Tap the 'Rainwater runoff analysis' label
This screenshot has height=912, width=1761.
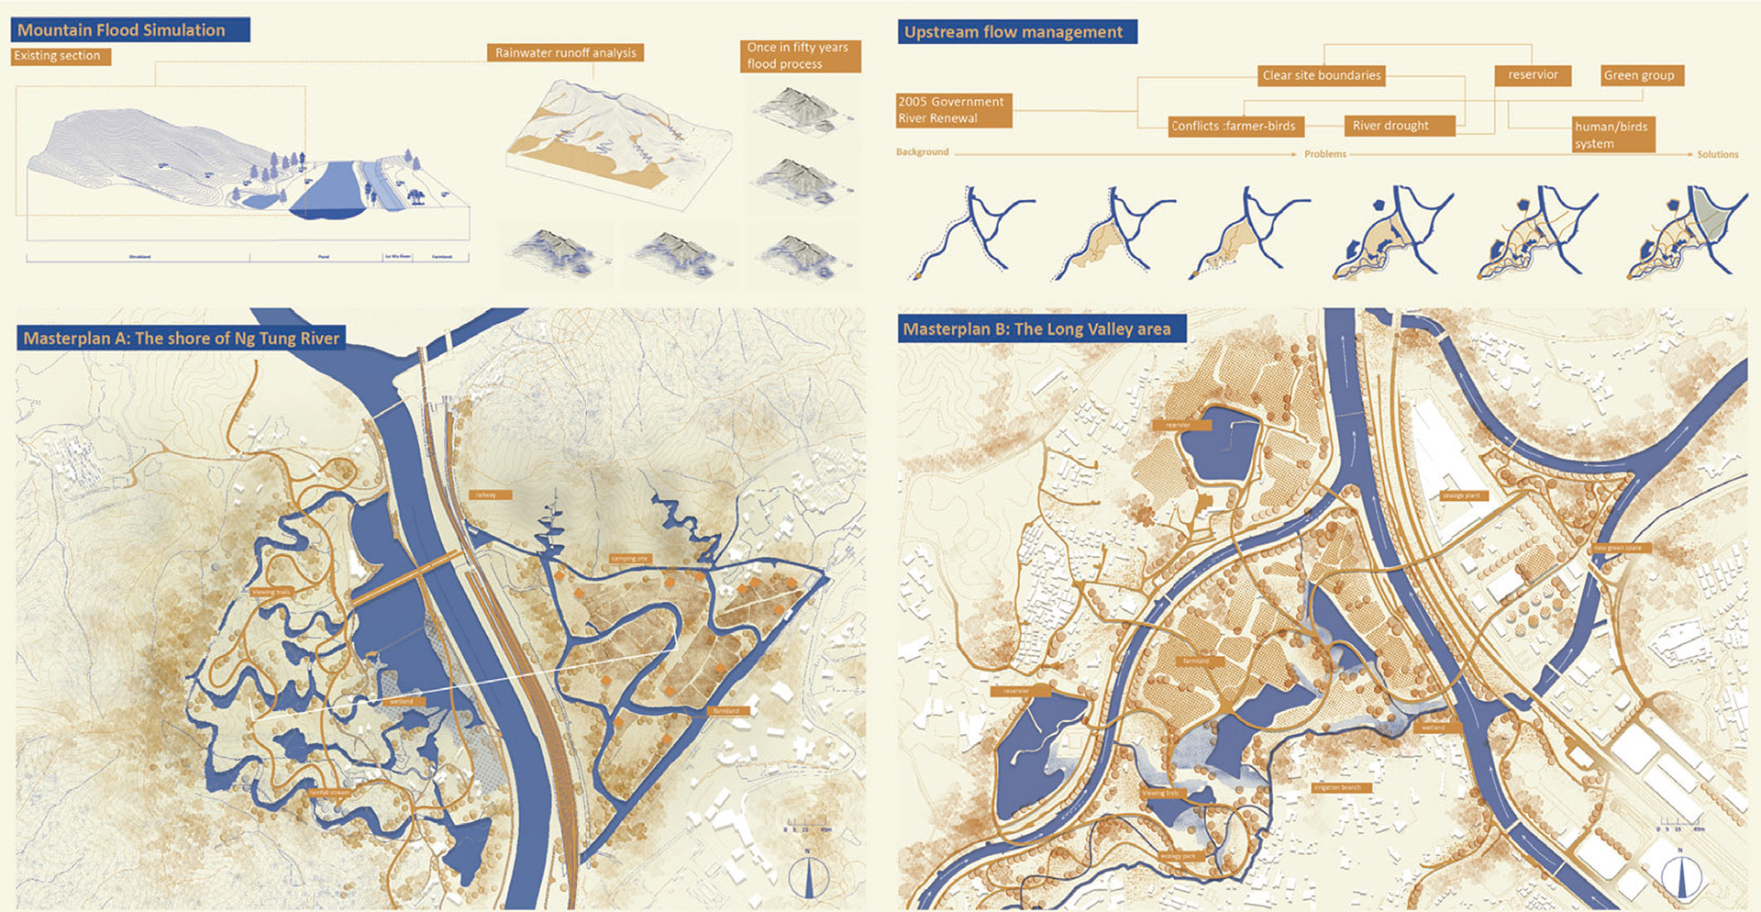point(565,52)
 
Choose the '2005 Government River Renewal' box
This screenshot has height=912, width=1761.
point(953,109)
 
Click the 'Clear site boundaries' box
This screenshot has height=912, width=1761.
point(1321,75)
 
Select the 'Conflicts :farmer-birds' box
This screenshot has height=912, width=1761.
point(1235,126)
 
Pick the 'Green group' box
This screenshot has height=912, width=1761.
point(1641,75)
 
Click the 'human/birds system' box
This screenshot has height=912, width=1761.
point(1612,135)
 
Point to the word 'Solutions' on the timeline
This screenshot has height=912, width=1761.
point(1717,154)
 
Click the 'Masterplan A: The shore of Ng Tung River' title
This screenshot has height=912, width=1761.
point(181,338)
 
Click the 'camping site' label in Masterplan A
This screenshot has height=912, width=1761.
point(628,558)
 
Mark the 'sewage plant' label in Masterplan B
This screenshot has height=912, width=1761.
point(1462,495)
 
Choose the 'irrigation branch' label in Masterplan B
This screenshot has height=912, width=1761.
point(1339,787)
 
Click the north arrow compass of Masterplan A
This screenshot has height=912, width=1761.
point(808,877)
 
